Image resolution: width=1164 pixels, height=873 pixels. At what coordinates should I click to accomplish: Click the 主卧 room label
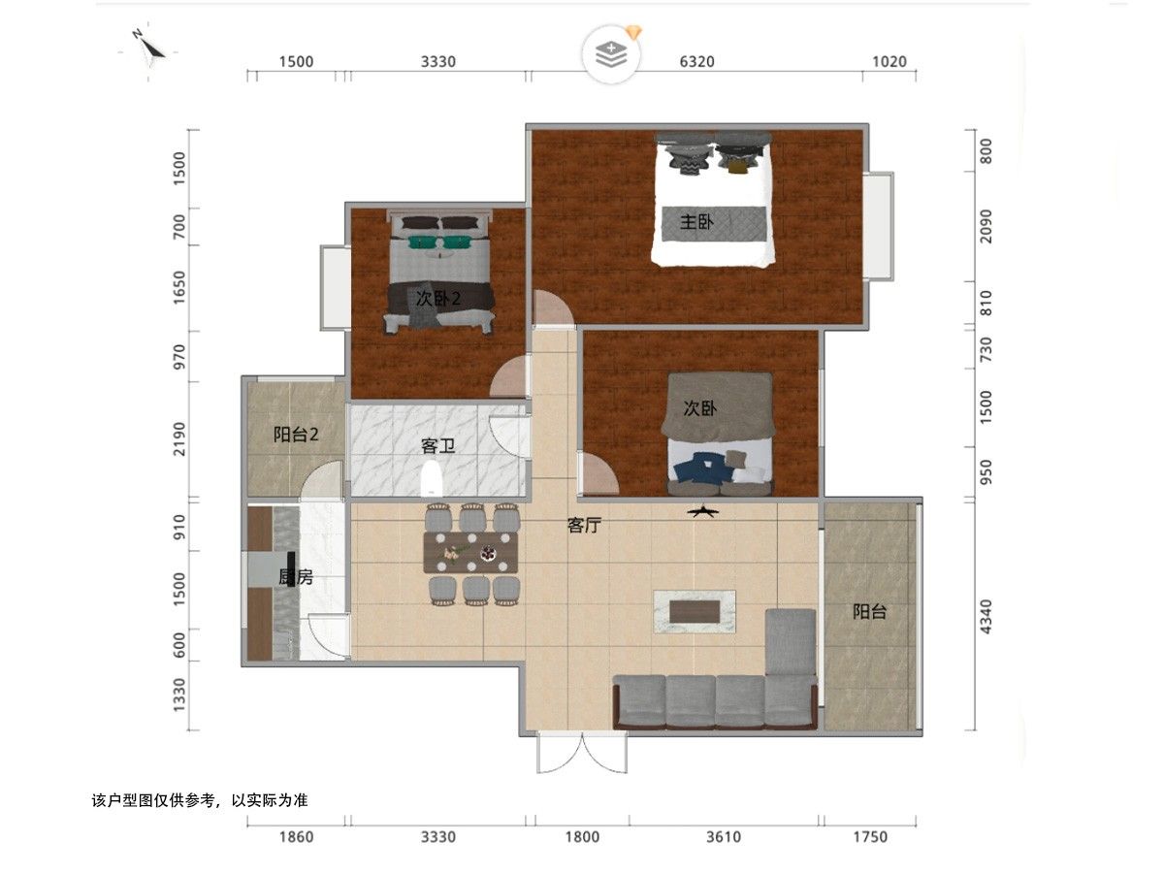point(696,221)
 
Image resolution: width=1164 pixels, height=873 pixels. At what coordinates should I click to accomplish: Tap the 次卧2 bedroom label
point(438,299)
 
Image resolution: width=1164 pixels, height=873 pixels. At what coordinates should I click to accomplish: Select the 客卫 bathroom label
point(437,446)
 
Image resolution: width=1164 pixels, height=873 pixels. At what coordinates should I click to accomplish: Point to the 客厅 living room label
point(584,526)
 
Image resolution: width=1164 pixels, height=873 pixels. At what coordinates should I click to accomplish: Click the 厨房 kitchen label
point(296,577)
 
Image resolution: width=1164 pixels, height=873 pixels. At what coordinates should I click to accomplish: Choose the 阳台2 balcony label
point(296,435)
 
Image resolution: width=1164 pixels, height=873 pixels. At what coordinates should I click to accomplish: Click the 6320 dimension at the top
point(696,61)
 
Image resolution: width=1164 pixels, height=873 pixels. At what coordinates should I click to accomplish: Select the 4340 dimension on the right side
point(986,617)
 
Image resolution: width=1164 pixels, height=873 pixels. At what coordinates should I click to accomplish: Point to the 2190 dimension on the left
point(179,438)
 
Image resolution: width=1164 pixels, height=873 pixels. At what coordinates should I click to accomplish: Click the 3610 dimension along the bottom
point(724,837)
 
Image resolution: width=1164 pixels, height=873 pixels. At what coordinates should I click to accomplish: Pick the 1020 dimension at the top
point(889,61)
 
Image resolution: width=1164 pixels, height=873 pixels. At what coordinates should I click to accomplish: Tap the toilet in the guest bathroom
point(431,478)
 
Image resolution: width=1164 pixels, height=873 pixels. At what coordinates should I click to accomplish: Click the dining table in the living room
point(470,552)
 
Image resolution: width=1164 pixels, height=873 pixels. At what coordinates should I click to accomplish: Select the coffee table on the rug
point(695,611)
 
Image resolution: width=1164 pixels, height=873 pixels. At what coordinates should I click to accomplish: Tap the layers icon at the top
point(611,54)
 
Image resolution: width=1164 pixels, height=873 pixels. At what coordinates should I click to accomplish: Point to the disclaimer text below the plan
point(200,800)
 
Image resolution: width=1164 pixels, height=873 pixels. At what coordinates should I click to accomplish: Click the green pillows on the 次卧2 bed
point(439,242)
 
